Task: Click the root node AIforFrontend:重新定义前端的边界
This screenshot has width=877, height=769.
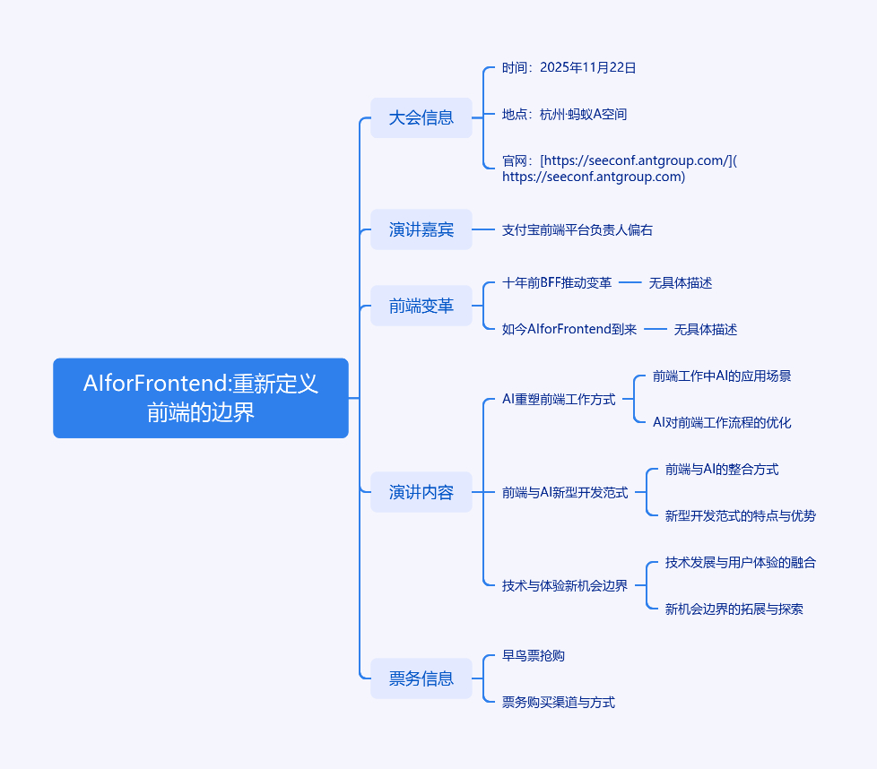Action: pyautogui.click(x=201, y=398)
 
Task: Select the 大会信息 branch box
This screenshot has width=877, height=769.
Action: pyautogui.click(x=421, y=117)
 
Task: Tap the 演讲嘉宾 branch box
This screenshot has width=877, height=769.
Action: pyautogui.click(x=421, y=229)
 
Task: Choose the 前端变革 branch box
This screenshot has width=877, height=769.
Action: pyautogui.click(x=421, y=306)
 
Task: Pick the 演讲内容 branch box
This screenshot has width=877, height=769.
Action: pyautogui.click(x=421, y=492)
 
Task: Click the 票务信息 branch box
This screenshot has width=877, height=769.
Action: pyautogui.click(x=421, y=678)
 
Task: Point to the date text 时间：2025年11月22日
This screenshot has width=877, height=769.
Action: pyautogui.click(x=569, y=67)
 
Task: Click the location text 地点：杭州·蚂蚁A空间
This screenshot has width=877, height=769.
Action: pyautogui.click(x=565, y=114)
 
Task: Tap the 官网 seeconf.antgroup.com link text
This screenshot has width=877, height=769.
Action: pyautogui.click(x=619, y=168)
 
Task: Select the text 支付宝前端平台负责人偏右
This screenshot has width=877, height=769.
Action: pyautogui.click(x=577, y=229)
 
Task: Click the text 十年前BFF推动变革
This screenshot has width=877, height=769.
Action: pyautogui.click(x=557, y=282)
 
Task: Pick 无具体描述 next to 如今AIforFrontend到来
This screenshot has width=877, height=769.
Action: pyautogui.click(x=706, y=329)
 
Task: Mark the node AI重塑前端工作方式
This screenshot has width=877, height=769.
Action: pyautogui.click(x=559, y=399)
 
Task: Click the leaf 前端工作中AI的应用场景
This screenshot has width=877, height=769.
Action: pyautogui.click(x=722, y=376)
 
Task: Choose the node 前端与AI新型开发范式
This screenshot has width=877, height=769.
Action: pyautogui.click(x=565, y=492)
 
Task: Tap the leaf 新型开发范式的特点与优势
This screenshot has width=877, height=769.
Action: pyautogui.click(x=741, y=515)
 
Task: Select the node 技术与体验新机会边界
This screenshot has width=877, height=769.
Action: pyautogui.click(x=565, y=585)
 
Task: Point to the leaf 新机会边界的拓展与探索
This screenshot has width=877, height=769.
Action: pyautogui.click(x=734, y=609)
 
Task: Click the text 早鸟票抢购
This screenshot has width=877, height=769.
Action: pyautogui.click(x=534, y=655)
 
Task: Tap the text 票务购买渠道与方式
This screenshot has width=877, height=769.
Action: pyautogui.click(x=559, y=702)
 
